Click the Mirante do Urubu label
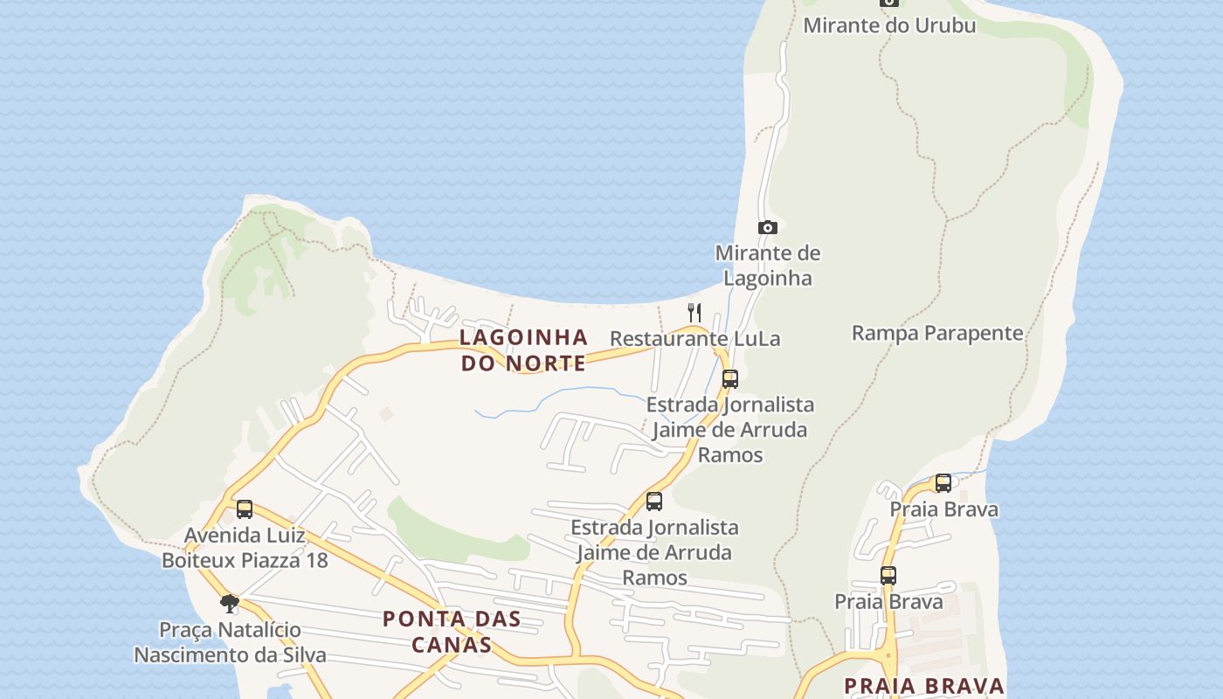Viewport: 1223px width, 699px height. click(x=888, y=25)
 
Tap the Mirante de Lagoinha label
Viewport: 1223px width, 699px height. click(x=768, y=266)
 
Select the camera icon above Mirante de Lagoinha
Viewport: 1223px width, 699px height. click(x=768, y=228)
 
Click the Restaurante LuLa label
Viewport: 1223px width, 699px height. click(x=694, y=339)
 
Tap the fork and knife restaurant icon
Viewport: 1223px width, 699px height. click(x=694, y=312)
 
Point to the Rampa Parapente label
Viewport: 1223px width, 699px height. click(x=937, y=333)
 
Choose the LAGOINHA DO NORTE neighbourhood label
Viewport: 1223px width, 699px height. click(x=524, y=350)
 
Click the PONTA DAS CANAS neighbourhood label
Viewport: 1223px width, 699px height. click(x=452, y=632)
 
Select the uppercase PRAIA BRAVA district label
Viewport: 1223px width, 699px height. click(x=924, y=686)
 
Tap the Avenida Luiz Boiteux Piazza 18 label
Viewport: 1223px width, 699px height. click(x=245, y=547)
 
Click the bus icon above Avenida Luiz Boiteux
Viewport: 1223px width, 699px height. click(x=245, y=509)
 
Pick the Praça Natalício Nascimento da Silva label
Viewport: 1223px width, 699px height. click(x=230, y=642)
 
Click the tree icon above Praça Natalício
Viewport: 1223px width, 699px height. click(x=230, y=603)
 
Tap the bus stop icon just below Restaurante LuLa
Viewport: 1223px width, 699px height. click(x=730, y=379)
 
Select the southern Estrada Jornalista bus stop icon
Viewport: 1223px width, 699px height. click(x=654, y=502)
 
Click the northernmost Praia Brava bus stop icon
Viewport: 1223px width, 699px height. click(x=943, y=483)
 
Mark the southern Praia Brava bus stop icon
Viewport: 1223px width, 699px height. click(x=888, y=576)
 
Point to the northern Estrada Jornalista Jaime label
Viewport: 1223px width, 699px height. click(x=730, y=430)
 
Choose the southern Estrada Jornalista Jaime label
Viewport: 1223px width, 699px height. click(x=654, y=552)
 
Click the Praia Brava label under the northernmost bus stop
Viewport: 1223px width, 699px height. click(x=943, y=509)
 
